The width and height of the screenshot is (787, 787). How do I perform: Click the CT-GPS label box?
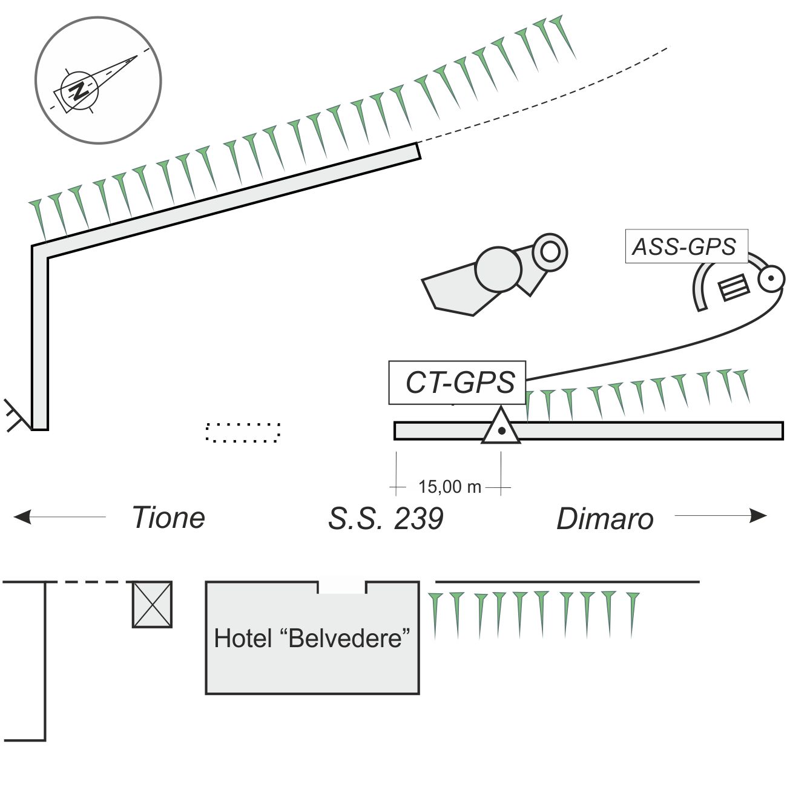pyautogui.click(x=457, y=383)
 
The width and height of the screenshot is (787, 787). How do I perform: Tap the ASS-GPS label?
pyautogui.click(x=686, y=246)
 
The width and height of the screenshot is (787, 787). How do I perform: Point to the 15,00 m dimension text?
pyautogui.click(x=449, y=487)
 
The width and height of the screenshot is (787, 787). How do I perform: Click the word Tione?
pyautogui.click(x=168, y=518)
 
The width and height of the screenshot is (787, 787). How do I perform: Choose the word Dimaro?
pyautogui.click(x=605, y=519)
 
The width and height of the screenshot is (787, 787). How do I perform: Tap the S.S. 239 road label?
pyautogui.click(x=386, y=519)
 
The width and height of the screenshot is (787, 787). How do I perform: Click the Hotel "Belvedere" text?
pyautogui.click(x=312, y=638)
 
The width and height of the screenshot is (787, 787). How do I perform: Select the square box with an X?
pyautogui.click(x=152, y=604)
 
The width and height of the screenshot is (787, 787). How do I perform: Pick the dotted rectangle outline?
pyautogui.click(x=243, y=432)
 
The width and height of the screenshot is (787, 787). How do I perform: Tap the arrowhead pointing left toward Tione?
pyautogui.click(x=22, y=517)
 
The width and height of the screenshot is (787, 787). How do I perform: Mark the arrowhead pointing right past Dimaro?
pyautogui.click(x=758, y=516)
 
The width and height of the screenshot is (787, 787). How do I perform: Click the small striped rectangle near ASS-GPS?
pyautogui.click(x=734, y=287)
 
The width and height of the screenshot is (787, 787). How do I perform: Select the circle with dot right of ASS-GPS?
pyautogui.click(x=771, y=279)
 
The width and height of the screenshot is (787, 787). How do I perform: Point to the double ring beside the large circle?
pyautogui.click(x=550, y=251)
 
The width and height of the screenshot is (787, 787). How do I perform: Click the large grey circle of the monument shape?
pyautogui.click(x=498, y=269)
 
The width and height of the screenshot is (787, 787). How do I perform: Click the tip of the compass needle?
pyautogui.click(x=136, y=57)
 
